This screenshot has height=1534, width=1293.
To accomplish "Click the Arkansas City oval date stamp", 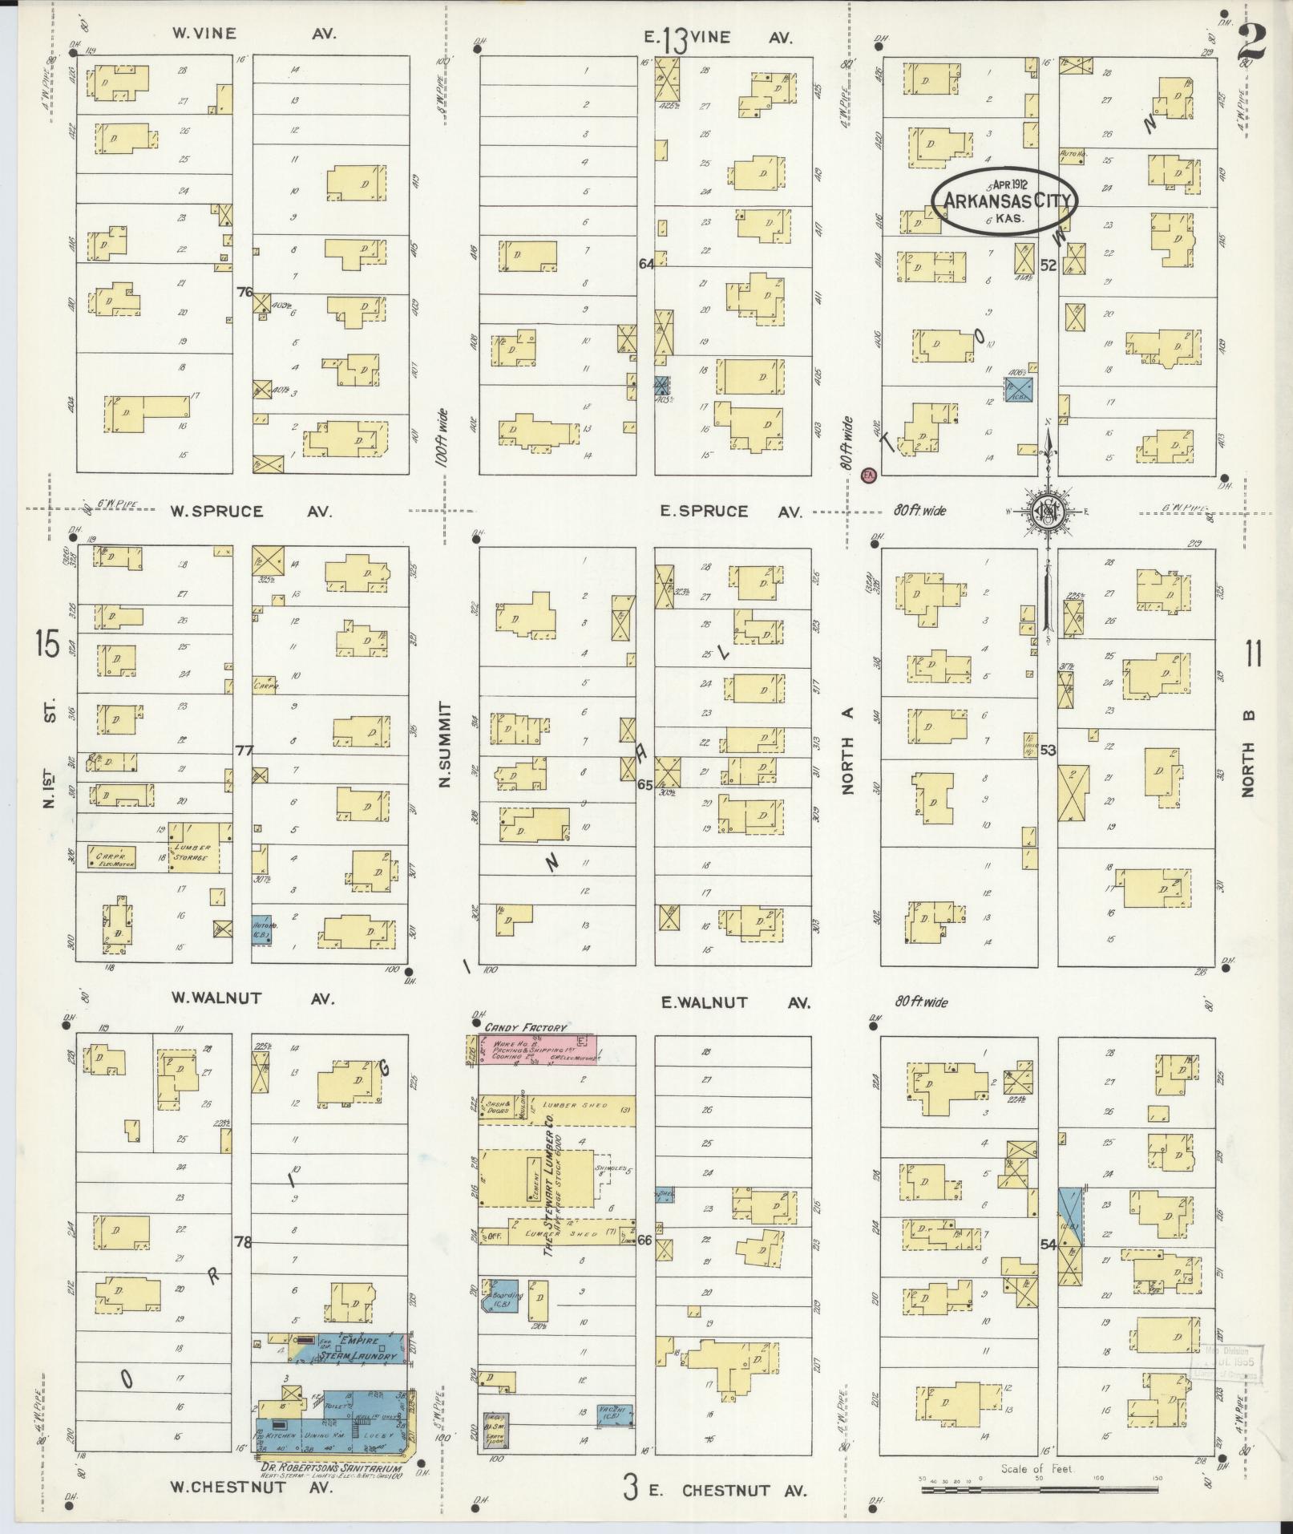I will (1004, 200).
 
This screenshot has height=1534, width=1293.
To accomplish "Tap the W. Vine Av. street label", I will (253, 34).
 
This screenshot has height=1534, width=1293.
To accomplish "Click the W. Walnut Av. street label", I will (253, 998).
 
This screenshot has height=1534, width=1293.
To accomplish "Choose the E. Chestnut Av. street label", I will (726, 1491).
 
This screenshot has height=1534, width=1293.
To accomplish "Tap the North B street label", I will (1247, 754).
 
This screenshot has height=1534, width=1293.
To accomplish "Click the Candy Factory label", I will (525, 1027).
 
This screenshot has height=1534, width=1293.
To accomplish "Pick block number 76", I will (244, 292).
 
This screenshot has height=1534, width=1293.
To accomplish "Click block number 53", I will (1048, 751).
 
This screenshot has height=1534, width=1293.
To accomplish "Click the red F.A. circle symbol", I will (867, 476).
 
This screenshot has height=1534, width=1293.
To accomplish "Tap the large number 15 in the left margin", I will (47, 644).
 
